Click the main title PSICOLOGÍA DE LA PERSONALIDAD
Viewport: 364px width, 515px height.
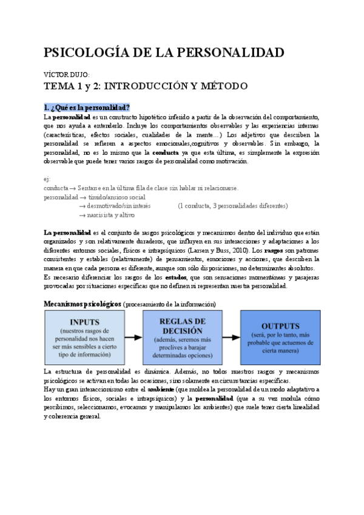[164, 53]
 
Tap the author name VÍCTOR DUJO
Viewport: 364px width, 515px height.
[67, 74]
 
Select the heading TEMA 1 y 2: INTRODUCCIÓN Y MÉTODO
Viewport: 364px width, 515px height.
[146, 86]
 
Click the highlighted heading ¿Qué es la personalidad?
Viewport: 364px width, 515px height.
[87, 107]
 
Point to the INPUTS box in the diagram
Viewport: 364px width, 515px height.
[85, 336]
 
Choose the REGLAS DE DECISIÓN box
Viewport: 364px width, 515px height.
[182, 336]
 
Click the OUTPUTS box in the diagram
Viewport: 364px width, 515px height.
[280, 336]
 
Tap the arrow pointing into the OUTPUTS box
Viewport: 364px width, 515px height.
[231, 336]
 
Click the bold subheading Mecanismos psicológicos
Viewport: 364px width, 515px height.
[83, 303]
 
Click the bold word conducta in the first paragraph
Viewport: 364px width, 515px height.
[166, 152]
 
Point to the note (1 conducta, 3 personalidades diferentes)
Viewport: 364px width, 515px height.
[232, 206]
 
